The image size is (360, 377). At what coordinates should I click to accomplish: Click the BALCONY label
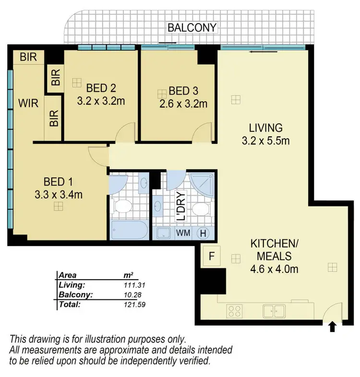(192, 28)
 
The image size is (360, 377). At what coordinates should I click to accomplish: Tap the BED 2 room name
(102, 88)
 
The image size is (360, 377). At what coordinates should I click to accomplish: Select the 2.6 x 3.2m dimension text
(184, 103)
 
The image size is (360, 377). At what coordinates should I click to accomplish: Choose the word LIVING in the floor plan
(265, 128)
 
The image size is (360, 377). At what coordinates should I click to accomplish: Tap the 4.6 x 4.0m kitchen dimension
(274, 269)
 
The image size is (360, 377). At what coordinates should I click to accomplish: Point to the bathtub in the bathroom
(129, 231)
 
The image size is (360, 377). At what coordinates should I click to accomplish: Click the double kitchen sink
(274, 310)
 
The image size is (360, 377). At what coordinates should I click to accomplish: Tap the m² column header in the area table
(128, 275)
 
